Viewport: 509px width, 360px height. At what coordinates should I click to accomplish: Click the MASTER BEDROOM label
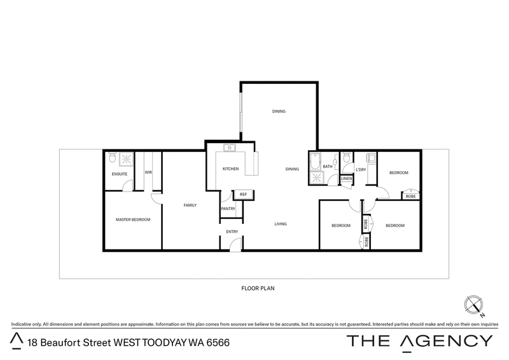133,220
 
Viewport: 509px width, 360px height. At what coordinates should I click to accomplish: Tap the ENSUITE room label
120,174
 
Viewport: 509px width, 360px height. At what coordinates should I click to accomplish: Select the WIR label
148,172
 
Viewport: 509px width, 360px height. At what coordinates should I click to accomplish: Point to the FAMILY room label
190,205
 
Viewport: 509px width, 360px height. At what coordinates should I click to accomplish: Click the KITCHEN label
231,169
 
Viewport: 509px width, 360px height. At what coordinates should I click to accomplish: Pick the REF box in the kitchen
244,195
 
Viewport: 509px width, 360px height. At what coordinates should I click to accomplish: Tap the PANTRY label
228,209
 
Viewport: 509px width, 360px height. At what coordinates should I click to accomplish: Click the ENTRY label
232,232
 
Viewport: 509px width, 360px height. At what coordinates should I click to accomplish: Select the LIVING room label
281,224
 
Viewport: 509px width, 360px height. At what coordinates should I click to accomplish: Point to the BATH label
328,167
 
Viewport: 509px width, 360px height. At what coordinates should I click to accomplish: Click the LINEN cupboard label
347,179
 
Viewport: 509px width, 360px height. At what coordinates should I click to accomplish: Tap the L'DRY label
361,170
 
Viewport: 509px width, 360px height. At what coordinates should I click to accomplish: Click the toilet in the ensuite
113,158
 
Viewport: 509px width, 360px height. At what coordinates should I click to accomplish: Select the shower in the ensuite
126,160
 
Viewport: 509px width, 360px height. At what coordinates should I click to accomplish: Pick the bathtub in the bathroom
315,162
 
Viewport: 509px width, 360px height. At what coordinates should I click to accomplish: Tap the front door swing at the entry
235,244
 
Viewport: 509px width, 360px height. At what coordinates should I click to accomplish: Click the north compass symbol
473,305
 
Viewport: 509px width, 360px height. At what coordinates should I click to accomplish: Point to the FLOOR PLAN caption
258,288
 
